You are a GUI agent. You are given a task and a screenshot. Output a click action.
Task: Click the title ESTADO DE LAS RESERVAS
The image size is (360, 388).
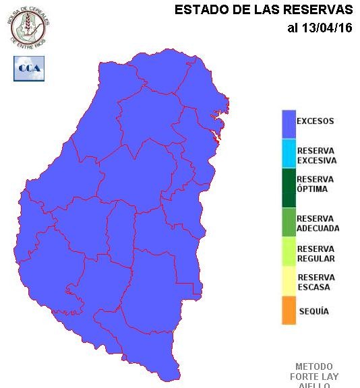point(264,10)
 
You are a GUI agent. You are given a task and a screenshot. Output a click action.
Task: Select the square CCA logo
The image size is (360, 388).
point(28,69)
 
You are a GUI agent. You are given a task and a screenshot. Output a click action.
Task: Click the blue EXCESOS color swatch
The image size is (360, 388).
point(289,123)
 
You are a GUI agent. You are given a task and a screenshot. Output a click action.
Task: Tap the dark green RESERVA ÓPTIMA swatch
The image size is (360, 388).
point(289,187)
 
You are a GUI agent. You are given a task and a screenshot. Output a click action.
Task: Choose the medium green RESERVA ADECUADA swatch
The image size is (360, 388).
point(289,222)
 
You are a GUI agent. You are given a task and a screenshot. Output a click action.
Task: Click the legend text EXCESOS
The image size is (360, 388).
point(315,122)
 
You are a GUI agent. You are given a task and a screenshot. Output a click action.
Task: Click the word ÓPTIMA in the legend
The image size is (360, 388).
point(312,189)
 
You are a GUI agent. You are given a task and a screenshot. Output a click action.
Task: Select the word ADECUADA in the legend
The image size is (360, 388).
point(318,228)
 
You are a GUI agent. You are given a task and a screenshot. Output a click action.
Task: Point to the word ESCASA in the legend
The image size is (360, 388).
point(313,288)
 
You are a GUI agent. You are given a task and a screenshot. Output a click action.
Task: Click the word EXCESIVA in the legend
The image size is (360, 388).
point(316,161)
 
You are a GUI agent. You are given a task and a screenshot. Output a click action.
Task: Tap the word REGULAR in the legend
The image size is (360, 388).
point(316,259)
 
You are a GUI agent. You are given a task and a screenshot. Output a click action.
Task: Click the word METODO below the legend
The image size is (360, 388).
point(314,366)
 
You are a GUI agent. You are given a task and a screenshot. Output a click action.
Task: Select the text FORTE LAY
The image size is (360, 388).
point(314,377)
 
